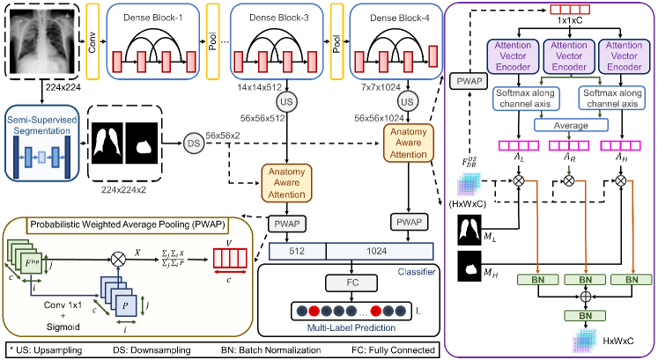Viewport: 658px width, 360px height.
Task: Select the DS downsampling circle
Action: [193, 143]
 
